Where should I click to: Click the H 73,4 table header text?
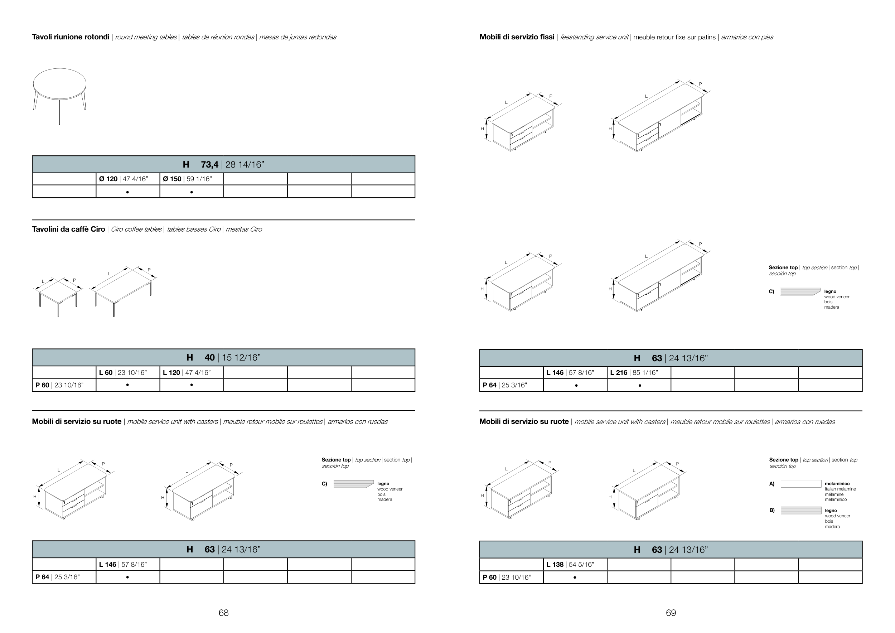tap(223, 164)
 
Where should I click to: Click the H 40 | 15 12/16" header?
tap(223, 357)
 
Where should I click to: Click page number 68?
tap(223, 613)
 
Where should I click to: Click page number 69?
tap(671, 613)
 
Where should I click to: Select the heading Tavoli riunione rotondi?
tap(71, 37)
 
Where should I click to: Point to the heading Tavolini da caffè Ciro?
tap(69, 229)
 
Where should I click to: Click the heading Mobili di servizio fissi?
tap(517, 37)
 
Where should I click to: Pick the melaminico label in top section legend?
tap(837, 484)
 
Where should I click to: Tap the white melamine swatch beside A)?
tap(801, 484)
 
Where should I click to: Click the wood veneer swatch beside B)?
tap(801, 511)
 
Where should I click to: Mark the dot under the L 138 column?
tap(575, 577)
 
